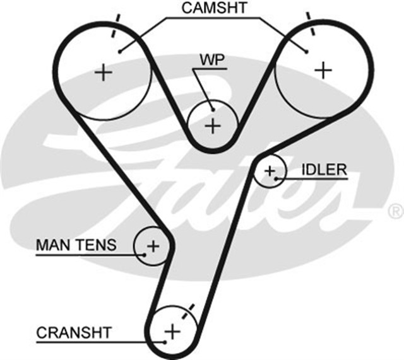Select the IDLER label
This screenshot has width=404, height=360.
pos(324,169)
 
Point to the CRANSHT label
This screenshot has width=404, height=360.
pos(74,332)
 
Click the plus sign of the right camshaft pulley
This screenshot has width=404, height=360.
pos(323,69)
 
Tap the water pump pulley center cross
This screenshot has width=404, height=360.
pos(213,125)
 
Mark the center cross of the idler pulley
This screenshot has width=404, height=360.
pos(270,170)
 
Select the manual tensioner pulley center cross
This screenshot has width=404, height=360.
pos(153,245)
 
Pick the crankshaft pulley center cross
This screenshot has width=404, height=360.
pos(172,330)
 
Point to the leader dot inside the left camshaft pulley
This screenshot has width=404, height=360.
pos(118,50)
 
